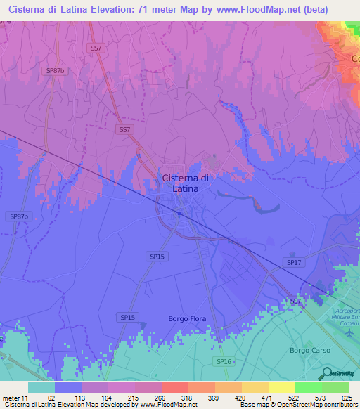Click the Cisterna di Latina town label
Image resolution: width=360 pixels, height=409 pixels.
(x=185, y=183)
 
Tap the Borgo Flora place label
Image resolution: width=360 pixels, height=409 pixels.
(x=187, y=319)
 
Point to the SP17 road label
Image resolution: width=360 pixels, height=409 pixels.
(x=294, y=262)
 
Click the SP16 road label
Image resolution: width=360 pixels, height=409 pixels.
(x=223, y=361)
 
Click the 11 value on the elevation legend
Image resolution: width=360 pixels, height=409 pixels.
(x=26, y=397)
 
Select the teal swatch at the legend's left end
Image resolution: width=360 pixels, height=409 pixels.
(x=41, y=387)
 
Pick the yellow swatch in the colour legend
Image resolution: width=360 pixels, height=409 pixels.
(x=281, y=387)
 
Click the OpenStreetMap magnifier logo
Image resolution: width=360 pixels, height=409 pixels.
(x=327, y=372)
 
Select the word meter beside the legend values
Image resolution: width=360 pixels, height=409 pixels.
(x=11, y=397)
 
